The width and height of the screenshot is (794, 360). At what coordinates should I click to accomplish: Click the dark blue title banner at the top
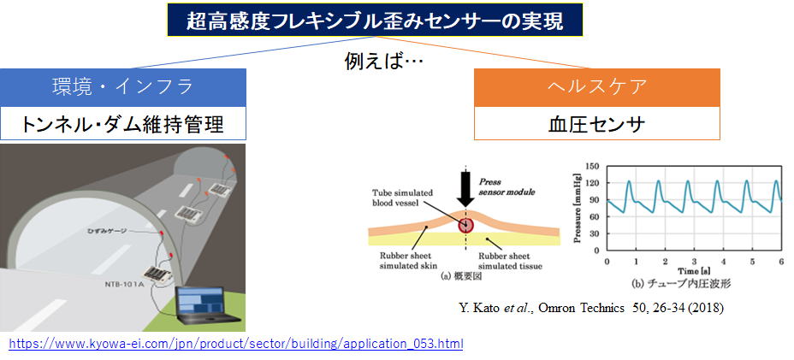pyautogui.click(x=376, y=21)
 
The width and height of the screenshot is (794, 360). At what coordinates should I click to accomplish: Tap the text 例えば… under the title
pyautogui.click(x=375, y=62)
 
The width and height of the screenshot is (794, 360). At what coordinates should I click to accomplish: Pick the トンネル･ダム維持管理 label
pyautogui.click(x=123, y=125)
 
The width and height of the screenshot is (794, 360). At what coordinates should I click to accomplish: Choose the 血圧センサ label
pyautogui.click(x=597, y=125)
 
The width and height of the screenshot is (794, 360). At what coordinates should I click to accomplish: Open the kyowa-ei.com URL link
pyautogui.click(x=236, y=344)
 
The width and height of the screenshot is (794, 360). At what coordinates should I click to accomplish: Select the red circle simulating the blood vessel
pyautogui.click(x=467, y=225)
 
